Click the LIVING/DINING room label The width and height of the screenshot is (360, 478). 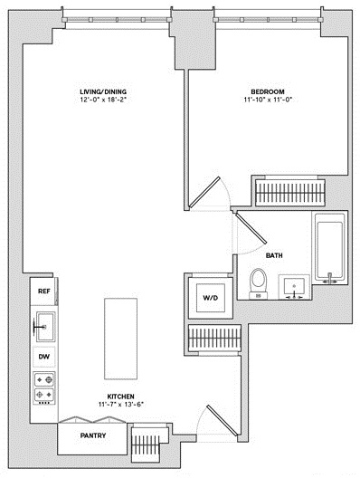coord(103,91)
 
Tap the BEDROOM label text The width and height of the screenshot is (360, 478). coord(268,91)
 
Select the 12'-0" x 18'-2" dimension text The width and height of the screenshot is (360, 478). coord(103,100)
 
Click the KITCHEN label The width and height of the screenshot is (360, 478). coord(120,397)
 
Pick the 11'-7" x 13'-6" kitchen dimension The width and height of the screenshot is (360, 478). coord(120,405)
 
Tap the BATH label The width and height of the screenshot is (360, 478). coord(274,255)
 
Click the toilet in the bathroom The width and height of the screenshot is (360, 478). coord(259,283)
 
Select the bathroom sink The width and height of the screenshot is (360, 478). coord(294,287)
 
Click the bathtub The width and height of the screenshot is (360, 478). coord(330,247)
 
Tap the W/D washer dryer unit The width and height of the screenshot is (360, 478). coord(211,298)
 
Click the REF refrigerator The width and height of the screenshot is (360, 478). coord(43,292)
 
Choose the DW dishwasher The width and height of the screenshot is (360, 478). coord(43,357)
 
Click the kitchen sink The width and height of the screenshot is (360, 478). coord(45,327)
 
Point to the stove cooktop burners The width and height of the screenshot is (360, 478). coord(44,387)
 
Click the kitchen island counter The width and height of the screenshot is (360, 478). coord(120,339)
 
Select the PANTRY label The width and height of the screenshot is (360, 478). coord(93,435)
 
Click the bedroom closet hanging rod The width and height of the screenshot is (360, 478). coord(290,193)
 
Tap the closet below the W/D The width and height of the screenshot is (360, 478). coord(214,339)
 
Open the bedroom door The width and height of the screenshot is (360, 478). coord(204,192)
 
